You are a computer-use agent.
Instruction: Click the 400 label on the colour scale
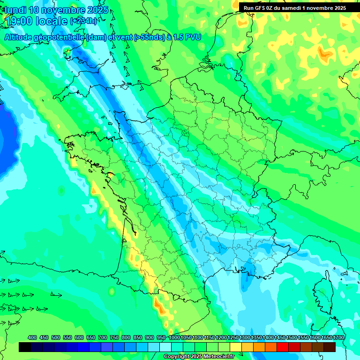[x=32, y=337]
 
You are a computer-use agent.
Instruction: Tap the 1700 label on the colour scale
[x=338, y=337]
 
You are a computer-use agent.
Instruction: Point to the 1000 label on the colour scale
[x=174, y=337]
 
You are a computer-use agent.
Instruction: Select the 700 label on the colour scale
[x=102, y=337]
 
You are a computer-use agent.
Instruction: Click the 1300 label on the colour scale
[x=245, y=337]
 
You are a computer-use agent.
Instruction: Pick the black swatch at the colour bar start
[x=25, y=347]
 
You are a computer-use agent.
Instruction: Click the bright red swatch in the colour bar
[x=283, y=347]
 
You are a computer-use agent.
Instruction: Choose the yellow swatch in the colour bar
[x=236, y=347]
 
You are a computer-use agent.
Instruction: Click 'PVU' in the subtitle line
[x=193, y=37]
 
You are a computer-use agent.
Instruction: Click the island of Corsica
[x=323, y=293]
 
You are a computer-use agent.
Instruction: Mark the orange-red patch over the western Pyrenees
[x=159, y=307]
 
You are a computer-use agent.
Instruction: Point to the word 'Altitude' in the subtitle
[x=20, y=37]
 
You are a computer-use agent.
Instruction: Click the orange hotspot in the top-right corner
[x=324, y=54]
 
